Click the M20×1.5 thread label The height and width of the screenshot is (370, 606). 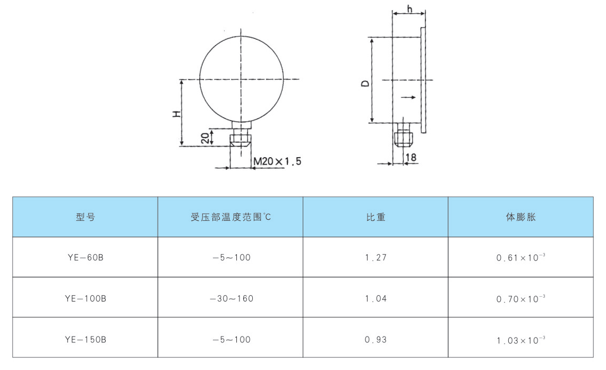coord(277,161)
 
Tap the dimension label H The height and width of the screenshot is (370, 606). coord(177,114)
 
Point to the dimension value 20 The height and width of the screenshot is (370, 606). coord(206,138)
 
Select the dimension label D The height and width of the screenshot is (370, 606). coord(365,83)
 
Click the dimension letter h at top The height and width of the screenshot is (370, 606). coord(409,8)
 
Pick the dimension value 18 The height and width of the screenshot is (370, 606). coord(411,157)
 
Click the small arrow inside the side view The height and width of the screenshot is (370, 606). coord(408,97)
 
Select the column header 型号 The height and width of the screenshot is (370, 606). coord(86,217)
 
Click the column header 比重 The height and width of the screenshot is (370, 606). coord(375,217)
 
